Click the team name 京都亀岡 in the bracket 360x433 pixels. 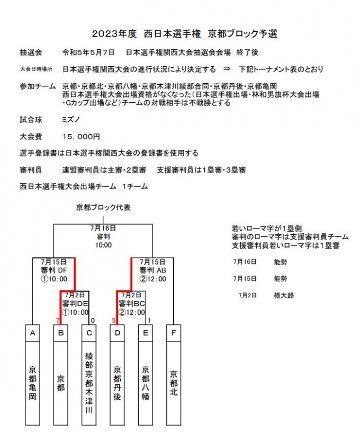(x=32, y=381)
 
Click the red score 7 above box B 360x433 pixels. (x=57, y=320)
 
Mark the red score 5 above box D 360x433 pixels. (x=114, y=320)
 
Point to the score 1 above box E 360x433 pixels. (x=149, y=320)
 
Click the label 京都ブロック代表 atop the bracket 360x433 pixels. (x=103, y=207)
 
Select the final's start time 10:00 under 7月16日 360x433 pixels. (x=103, y=245)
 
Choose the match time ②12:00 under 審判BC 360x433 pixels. (x=131, y=312)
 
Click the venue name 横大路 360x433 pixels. (x=284, y=295)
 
